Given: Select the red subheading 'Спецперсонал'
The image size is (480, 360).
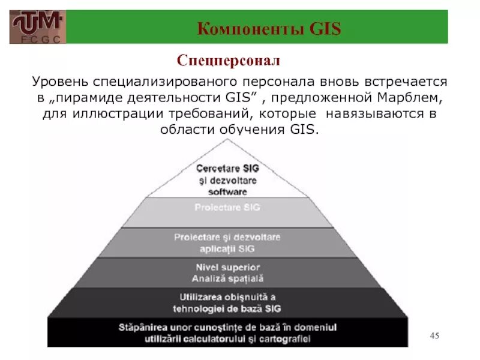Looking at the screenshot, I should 227,61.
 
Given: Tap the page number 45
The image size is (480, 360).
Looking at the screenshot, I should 434,335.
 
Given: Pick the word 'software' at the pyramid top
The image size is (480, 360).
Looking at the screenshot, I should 227,191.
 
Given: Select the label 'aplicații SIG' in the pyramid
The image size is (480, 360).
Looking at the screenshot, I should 227,247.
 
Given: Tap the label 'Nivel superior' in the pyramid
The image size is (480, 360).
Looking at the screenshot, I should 227,267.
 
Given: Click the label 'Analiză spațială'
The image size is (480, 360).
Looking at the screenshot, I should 227,278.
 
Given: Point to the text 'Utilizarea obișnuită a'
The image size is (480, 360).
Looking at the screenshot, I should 227,297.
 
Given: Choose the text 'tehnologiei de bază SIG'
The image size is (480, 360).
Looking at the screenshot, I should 227,308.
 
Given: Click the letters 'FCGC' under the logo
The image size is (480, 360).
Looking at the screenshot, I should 37,40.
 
